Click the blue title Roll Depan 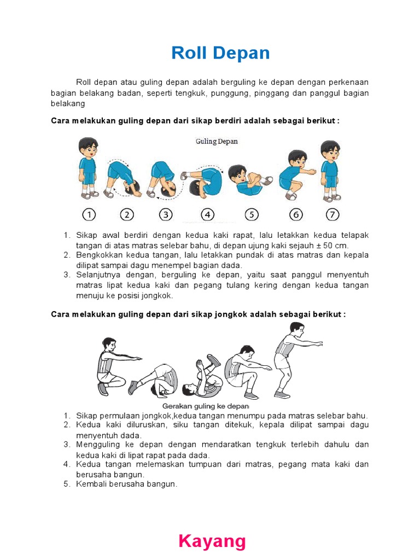pyautogui.click(x=220, y=53)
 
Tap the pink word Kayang pyautogui.click(x=212, y=541)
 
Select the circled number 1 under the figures pyautogui.click(x=89, y=214)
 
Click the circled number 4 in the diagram pyautogui.click(x=207, y=214)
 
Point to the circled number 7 pyautogui.click(x=332, y=214)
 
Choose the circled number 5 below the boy pyautogui.click(x=252, y=214)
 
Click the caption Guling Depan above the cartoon pyautogui.click(x=217, y=142)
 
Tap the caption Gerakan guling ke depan pyautogui.click(x=206, y=406)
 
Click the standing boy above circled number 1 pyautogui.click(x=88, y=168)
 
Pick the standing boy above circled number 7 pyautogui.click(x=330, y=171)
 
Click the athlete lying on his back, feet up pyautogui.click(x=203, y=376)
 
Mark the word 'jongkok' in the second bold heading pyautogui.click(x=231, y=314)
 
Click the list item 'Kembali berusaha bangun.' pyautogui.click(x=126, y=485)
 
